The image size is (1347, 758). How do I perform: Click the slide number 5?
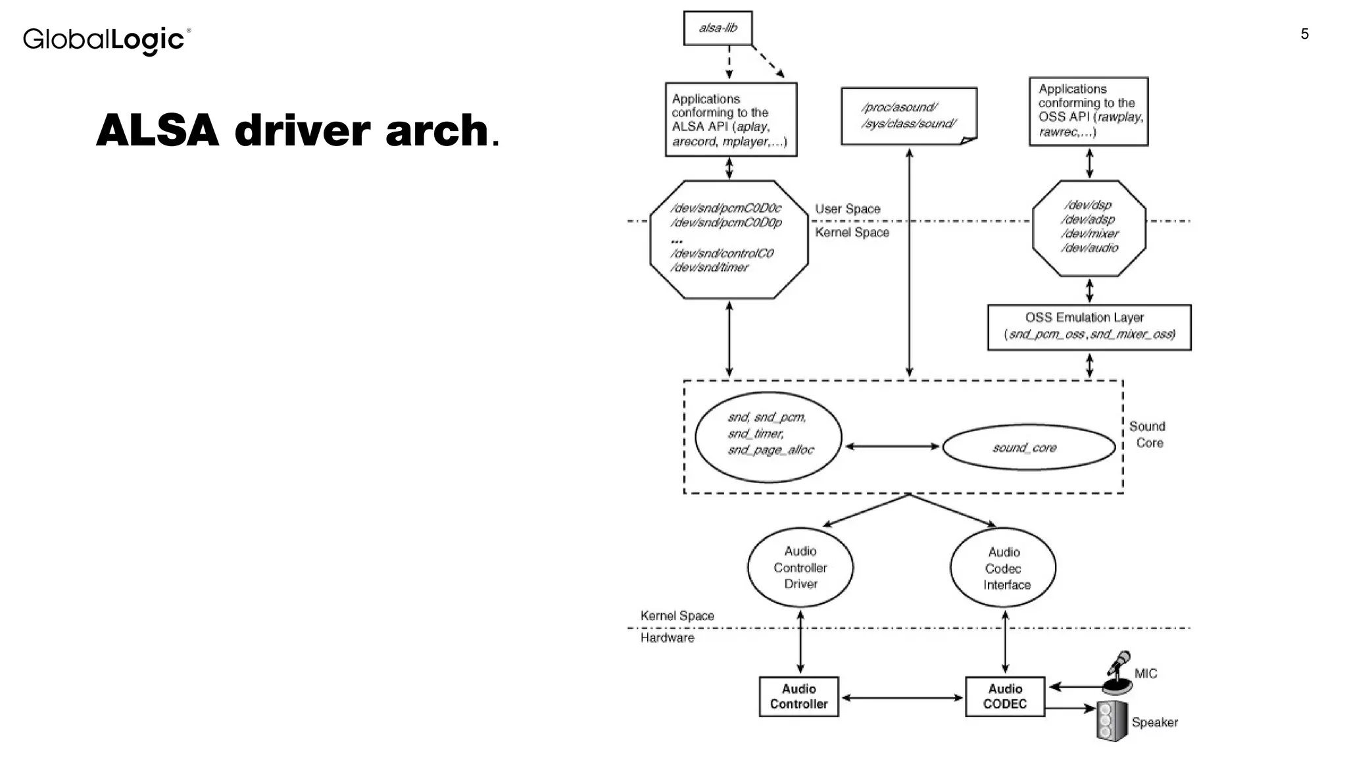[x=1304, y=34]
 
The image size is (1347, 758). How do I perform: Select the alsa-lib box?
[x=718, y=28]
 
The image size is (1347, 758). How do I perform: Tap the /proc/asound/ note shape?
[x=908, y=116]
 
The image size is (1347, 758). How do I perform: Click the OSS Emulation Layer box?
[x=1089, y=327]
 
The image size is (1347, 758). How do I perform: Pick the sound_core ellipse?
[x=1028, y=447]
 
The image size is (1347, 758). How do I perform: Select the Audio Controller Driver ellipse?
[x=800, y=567]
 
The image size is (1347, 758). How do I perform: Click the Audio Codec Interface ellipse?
[x=1002, y=568]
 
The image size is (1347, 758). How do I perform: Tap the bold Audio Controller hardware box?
[x=798, y=696]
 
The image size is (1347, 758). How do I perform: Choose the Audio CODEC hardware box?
[x=1004, y=696]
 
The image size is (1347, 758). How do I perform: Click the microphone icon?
[x=1118, y=673]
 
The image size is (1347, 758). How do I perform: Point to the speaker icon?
[x=1111, y=721]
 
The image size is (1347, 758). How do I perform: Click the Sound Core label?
[x=1148, y=434]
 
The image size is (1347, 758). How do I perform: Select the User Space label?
[x=847, y=209]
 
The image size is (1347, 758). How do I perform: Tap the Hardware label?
[x=667, y=638]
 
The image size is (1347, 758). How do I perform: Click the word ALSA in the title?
[x=157, y=130]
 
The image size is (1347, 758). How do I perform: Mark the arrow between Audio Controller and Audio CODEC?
[x=902, y=697]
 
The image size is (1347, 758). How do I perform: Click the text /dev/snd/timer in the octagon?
[x=709, y=267]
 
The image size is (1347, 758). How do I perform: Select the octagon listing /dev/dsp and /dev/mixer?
[x=1089, y=228]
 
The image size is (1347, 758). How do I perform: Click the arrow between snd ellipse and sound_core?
[x=892, y=446]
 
